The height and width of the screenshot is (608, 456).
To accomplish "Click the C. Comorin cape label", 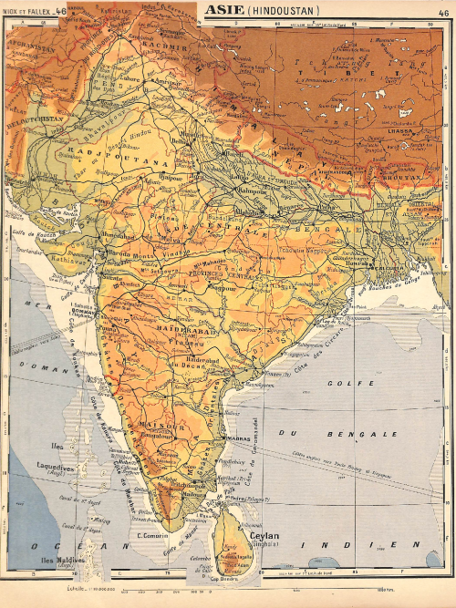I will (x=150, y=535).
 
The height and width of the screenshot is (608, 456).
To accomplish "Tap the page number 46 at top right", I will (x=444, y=11).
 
